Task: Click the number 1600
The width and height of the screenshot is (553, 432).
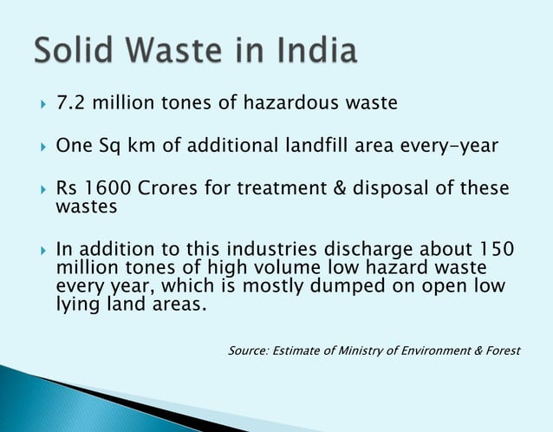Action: pyautogui.click(x=107, y=189)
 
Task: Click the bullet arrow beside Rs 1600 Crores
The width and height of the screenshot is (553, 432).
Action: pyautogui.click(x=39, y=189)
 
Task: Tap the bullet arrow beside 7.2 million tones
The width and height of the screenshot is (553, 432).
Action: pyautogui.click(x=39, y=104)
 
